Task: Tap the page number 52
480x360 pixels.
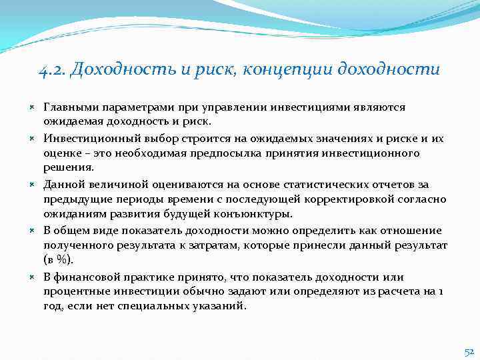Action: click(x=469, y=351)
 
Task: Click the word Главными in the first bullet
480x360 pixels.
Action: click(x=68, y=107)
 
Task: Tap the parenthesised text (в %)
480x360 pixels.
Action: click(x=59, y=260)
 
